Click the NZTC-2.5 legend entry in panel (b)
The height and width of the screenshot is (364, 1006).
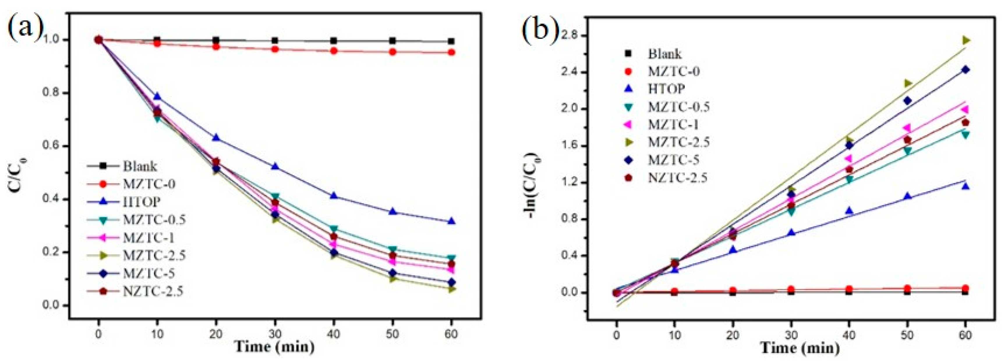678,178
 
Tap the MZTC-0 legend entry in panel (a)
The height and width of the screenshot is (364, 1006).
149,184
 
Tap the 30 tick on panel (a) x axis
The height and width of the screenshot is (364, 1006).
275,334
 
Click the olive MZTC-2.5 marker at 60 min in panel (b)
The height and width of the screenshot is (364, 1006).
966,40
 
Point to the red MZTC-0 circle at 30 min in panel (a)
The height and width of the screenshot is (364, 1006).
275,49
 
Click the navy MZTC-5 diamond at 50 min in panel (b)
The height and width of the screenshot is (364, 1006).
907,101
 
